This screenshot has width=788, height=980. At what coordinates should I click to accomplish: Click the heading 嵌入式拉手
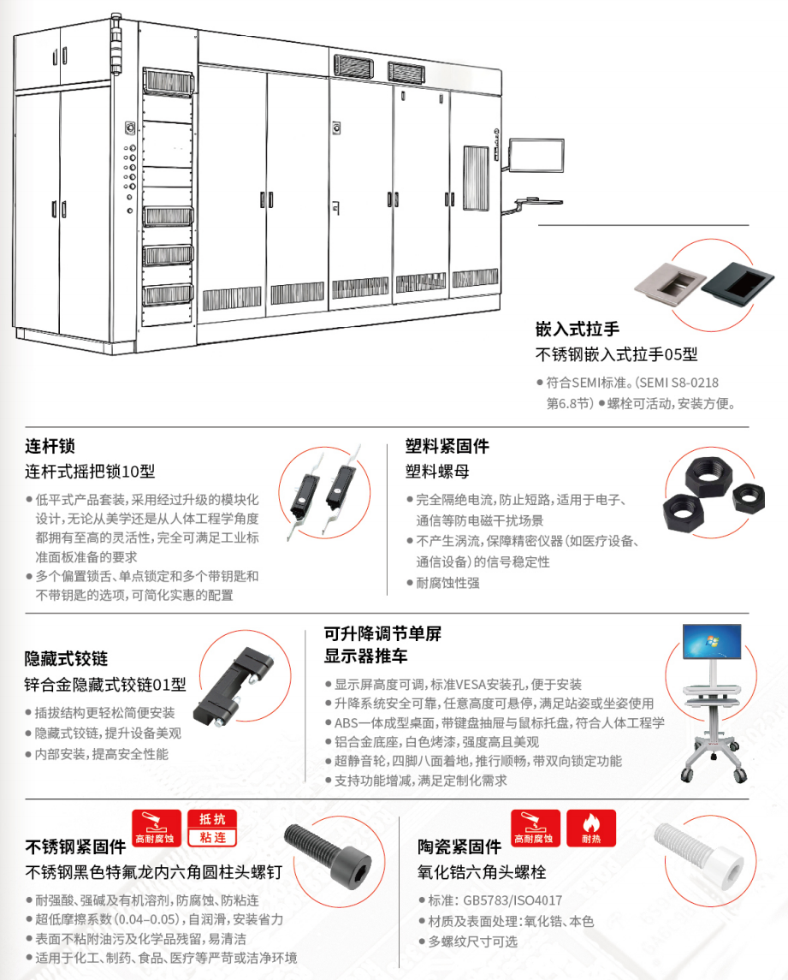pos(577,329)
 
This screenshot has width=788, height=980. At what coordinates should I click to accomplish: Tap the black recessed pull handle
pos(738,282)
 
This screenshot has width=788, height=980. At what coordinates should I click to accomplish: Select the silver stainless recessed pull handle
pos(671,283)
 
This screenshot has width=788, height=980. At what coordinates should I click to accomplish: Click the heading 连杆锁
pos(50,446)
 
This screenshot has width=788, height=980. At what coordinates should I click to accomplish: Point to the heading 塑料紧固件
pos(447,446)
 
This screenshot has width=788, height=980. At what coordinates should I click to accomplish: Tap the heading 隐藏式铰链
pos(66,658)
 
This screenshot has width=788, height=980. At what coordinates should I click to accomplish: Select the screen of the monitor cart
pos(712,640)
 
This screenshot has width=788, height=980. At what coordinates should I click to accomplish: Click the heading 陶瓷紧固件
pos(459,846)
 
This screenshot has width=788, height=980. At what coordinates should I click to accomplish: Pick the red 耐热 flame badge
pos(591,829)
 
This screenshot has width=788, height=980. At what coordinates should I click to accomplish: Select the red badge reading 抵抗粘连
pos(212,829)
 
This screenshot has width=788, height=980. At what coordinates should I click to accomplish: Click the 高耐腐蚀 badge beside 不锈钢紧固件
pos(157,829)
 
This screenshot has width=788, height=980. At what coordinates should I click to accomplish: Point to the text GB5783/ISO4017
pos(512,900)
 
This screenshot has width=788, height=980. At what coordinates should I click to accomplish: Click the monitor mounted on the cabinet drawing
pos(536,155)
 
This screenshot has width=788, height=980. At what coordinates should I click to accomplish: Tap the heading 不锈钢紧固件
pos(75,846)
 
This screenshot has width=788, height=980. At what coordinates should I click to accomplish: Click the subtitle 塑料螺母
pos(437,472)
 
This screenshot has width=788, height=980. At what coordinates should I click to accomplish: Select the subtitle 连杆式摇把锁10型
pos(90,472)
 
